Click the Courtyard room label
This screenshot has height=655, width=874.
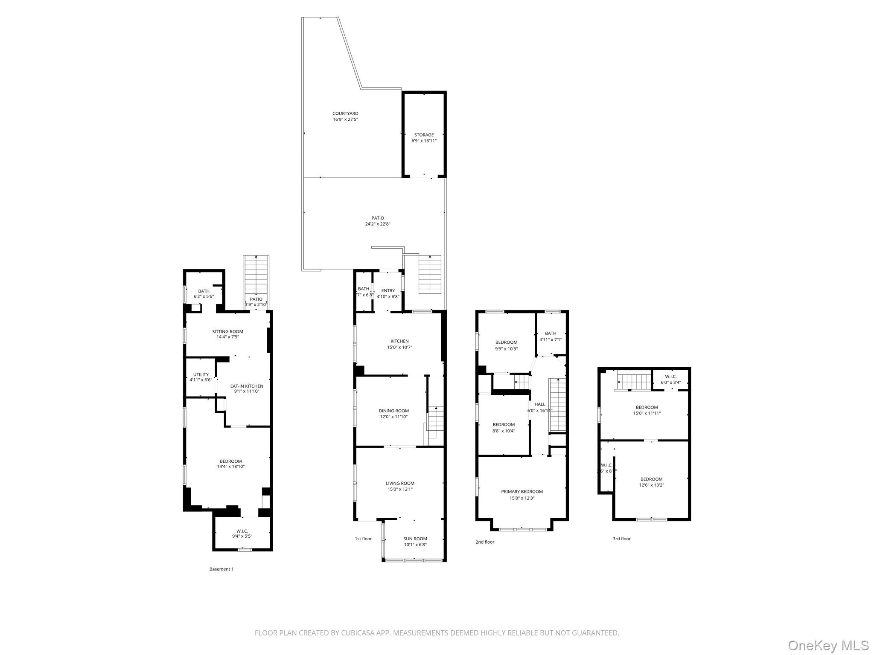(345, 113)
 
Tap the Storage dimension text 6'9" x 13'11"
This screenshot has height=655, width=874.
(424, 141)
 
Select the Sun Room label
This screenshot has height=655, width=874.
(415, 539)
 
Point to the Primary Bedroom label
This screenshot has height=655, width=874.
(521, 492)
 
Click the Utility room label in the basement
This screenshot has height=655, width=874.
(201, 374)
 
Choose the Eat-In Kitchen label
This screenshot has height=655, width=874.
(247, 386)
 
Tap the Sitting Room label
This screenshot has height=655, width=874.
(227, 331)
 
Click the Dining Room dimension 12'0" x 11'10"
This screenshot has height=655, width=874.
(393, 417)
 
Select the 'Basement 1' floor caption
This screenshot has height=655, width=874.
(221, 569)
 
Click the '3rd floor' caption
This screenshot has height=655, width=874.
(621, 539)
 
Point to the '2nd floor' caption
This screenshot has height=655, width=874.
(485, 542)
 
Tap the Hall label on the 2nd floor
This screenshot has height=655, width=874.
(540, 404)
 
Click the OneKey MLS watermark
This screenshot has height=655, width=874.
(828, 645)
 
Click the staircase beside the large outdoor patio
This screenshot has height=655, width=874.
(429, 274)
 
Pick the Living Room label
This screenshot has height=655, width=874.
(400, 483)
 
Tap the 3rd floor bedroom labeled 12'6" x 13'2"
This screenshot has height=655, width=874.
(651, 482)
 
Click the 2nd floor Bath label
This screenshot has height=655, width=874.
(551, 333)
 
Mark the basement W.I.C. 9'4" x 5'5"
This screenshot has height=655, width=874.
(242, 533)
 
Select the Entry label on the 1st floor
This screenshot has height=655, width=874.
(388, 290)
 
